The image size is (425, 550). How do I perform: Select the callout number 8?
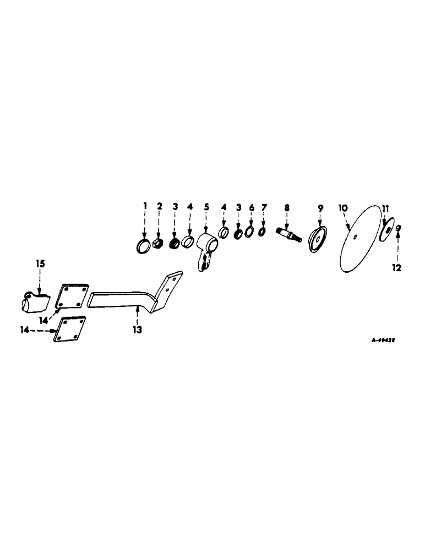click(x=286, y=207)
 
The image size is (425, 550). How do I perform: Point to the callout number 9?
click(x=320, y=207)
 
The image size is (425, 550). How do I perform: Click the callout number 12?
click(x=397, y=268)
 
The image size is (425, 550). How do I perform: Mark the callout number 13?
click(x=137, y=329)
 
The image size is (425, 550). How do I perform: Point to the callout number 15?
click(x=41, y=263)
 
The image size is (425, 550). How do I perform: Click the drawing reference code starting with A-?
click(x=384, y=340)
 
